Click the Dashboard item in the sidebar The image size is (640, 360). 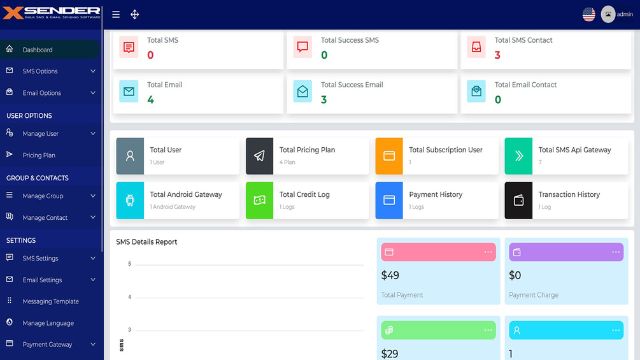click(x=38, y=50)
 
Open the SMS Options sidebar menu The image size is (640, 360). click(x=40, y=71)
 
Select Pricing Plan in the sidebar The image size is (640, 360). click(x=39, y=155)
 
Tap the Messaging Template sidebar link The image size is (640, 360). click(x=50, y=301)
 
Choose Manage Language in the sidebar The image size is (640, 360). click(x=48, y=323)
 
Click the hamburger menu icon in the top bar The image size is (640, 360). click(x=116, y=15)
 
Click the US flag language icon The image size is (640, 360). click(x=588, y=15)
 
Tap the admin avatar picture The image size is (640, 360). click(x=608, y=15)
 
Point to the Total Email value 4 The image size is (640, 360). click(x=150, y=99)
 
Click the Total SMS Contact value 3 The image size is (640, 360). click(x=497, y=55)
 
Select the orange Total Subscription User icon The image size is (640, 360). click(x=389, y=156)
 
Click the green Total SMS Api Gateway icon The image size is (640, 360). click(x=518, y=156)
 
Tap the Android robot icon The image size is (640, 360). click(x=130, y=201)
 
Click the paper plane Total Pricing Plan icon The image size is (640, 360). click(x=259, y=156)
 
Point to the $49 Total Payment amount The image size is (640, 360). click(x=390, y=275)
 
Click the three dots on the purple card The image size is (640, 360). click(x=616, y=252)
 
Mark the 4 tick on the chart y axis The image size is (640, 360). click(x=129, y=297)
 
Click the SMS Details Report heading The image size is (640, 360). click(x=146, y=242)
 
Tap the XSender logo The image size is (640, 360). click(x=51, y=13)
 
